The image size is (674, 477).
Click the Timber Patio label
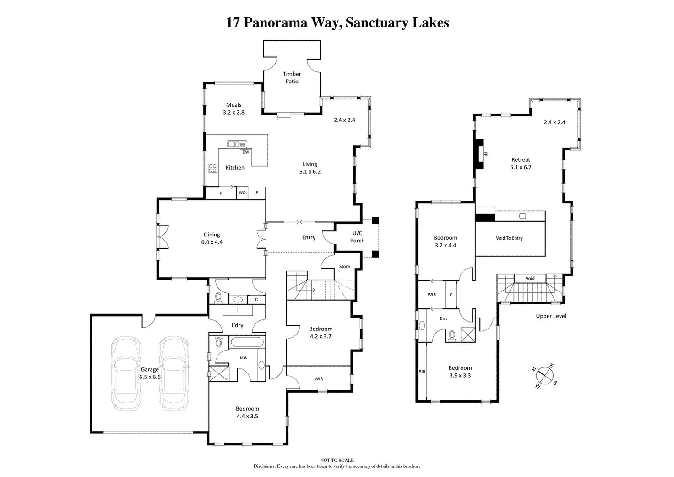(x=292, y=77)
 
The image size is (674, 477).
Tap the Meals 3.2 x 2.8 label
(x=234, y=109)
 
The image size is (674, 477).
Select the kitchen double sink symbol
(x=237, y=144)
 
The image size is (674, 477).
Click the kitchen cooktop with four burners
(x=213, y=168)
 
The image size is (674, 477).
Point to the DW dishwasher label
(x=246, y=152)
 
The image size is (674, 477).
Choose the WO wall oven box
(x=242, y=193)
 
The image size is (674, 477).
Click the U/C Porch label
(x=357, y=237)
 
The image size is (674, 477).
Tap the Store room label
(x=344, y=267)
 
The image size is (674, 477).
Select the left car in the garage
(x=126, y=373)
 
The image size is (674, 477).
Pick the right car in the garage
(x=174, y=373)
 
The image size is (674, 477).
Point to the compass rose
(x=544, y=375)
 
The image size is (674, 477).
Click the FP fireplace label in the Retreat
(x=486, y=154)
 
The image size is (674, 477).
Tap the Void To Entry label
(x=509, y=238)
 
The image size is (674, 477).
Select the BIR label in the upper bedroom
(x=422, y=372)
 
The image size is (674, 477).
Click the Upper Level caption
(x=551, y=316)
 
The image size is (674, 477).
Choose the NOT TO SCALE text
(x=337, y=461)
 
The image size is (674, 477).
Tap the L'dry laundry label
(x=237, y=325)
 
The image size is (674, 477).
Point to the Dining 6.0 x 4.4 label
(x=212, y=238)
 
